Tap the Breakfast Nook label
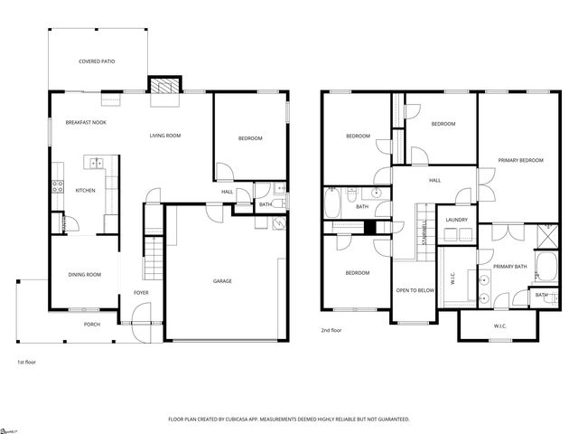[x=86, y=121]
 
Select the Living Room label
[x=165, y=136]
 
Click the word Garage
[x=222, y=281]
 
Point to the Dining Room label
[x=84, y=275]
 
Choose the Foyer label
[x=141, y=293]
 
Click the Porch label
[x=92, y=325]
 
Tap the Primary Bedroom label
[x=521, y=160]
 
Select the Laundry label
[x=456, y=220]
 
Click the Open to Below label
[x=415, y=291]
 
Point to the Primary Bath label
[x=509, y=267]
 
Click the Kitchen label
[x=85, y=191]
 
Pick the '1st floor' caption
[x=27, y=362]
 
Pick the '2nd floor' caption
[x=331, y=331]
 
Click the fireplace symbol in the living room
[x=163, y=86]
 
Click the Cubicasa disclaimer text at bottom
[x=289, y=420]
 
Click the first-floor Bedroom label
[x=250, y=138]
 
